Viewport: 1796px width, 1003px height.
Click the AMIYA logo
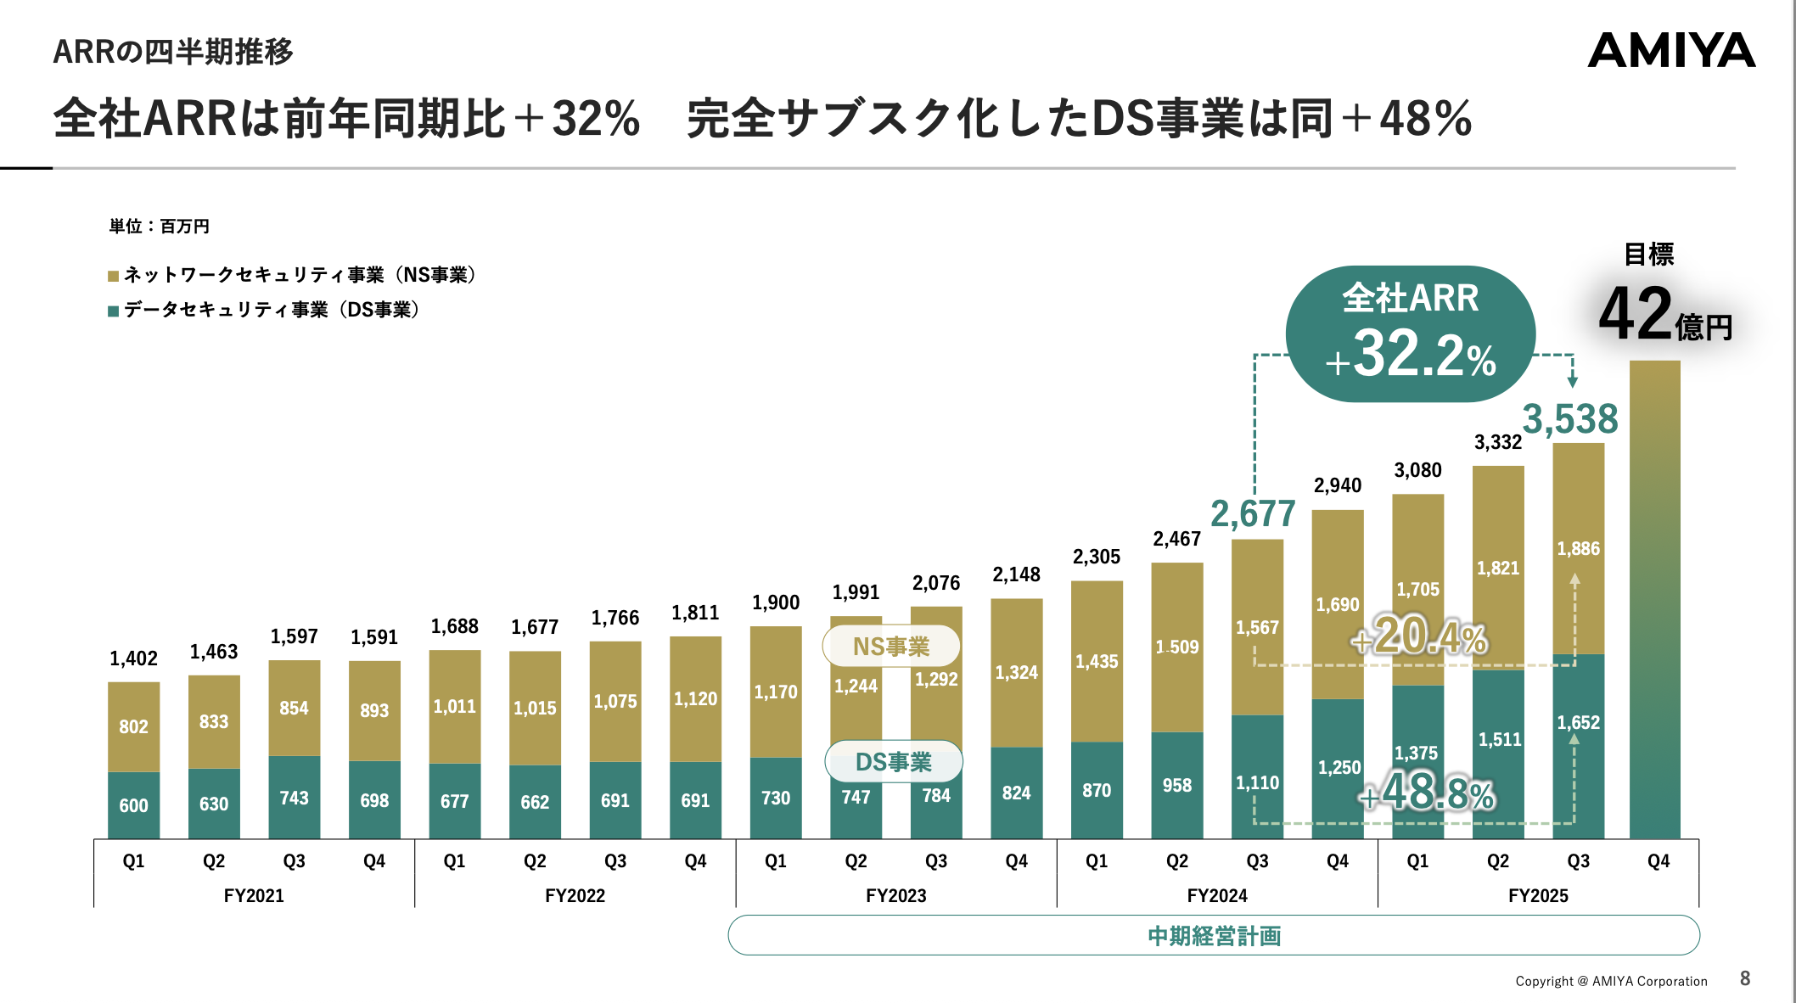(x=1670, y=51)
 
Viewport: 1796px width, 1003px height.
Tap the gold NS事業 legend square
(x=113, y=276)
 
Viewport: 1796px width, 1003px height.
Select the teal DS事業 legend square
(x=113, y=311)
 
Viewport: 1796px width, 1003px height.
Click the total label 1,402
(x=133, y=658)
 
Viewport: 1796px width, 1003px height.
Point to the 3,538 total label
(x=1570, y=419)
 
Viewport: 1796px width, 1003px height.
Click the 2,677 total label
(x=1253, y=514)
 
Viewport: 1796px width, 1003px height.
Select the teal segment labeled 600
(x=133, y=805)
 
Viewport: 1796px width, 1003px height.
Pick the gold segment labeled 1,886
(x=1579, y=549)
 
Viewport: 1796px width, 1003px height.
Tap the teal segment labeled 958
(x=1177, y=786)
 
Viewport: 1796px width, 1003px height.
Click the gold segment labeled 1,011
(x=455, y=706)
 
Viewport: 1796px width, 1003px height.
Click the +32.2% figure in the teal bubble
(x=1411, y=356)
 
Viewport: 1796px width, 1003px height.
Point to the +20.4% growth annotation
(x=1419, y=636)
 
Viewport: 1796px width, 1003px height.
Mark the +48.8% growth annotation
(x=1427, y=793)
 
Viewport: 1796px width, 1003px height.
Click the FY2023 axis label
(x=896, y=896)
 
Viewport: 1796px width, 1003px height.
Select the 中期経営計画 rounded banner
(x=1214, y=935)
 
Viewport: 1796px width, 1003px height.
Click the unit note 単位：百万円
(x=160, y=227)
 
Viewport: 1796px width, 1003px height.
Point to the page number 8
(x=1745, y=978)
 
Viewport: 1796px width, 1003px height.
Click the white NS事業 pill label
(x=891, y=647)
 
